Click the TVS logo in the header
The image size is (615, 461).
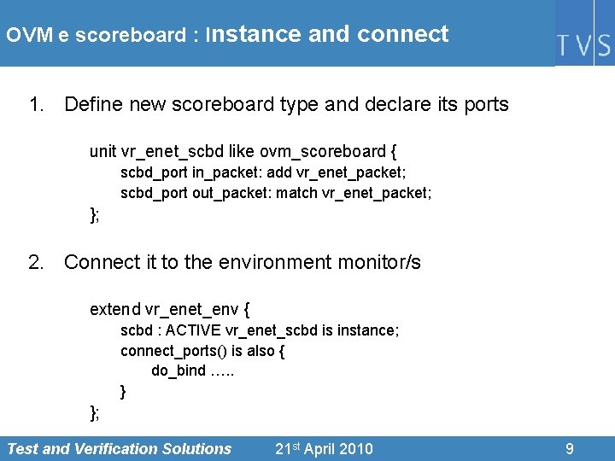584,45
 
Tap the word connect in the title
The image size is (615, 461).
402,34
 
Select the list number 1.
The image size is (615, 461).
35,105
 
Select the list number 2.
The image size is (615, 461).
35,262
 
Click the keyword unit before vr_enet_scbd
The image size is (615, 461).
103,152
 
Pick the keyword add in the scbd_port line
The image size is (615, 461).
279,172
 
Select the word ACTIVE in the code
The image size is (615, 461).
194,330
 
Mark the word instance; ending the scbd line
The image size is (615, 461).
369,330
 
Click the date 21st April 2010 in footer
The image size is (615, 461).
324,449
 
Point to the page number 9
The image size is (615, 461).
570,449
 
